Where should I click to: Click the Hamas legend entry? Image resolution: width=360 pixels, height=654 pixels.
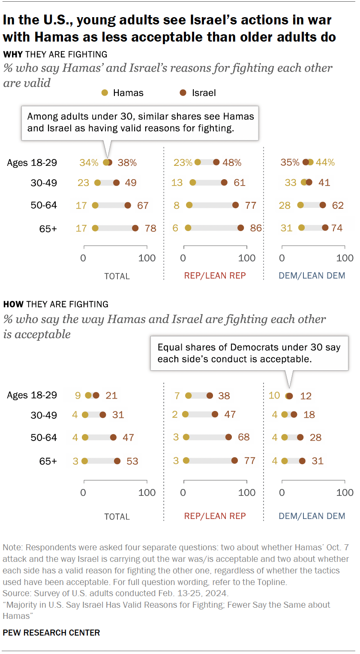[122, 93]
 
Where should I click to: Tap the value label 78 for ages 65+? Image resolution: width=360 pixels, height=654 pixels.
[150, 228]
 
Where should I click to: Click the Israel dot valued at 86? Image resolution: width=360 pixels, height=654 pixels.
[240, 228]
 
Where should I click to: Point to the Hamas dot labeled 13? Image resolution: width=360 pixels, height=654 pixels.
[192, 183]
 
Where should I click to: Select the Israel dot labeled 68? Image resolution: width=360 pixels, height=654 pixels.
[228, 438]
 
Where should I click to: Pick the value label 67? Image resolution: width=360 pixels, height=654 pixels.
[142, 205]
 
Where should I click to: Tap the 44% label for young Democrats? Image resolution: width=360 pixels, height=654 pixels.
[325, 162]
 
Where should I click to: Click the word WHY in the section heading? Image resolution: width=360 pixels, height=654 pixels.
[13, 54]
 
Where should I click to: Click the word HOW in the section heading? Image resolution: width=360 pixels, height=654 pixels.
[13, 305]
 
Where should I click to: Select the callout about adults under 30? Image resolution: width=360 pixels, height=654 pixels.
[140, 123]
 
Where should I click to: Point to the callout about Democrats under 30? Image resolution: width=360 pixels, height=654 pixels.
[248, 353]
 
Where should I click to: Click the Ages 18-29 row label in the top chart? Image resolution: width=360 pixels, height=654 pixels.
[32, 162]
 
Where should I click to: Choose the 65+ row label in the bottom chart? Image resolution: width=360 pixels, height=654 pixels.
[48, 461]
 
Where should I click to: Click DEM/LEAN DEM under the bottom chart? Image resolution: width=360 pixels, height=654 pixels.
[312, 516]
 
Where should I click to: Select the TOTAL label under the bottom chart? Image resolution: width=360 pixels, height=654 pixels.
[117, 516]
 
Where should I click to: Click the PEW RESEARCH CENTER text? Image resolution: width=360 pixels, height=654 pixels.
[51, 633]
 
